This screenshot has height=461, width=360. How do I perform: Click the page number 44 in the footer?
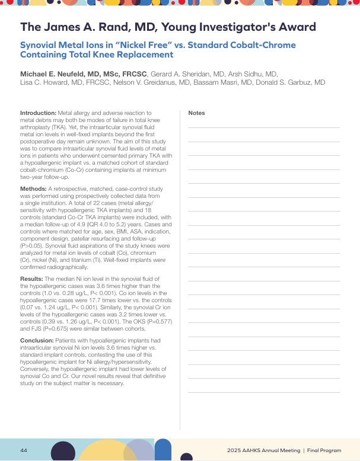pyautogui.click(x=24, y=450)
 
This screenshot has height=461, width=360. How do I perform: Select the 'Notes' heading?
pyautogui.click(x=196, y=113)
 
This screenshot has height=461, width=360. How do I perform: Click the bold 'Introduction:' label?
pyautogui.click(x=38, y=113)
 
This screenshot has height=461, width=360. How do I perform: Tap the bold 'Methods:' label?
pyautogui.click(x=33, y=188)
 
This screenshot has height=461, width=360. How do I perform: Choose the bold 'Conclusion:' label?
pyautogui.click(x=37, y=341)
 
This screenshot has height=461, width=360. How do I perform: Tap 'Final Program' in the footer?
pyautogui.click(x=324, y=451)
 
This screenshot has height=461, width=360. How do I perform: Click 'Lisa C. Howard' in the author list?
pyautogui.click(x=42, y=82)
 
